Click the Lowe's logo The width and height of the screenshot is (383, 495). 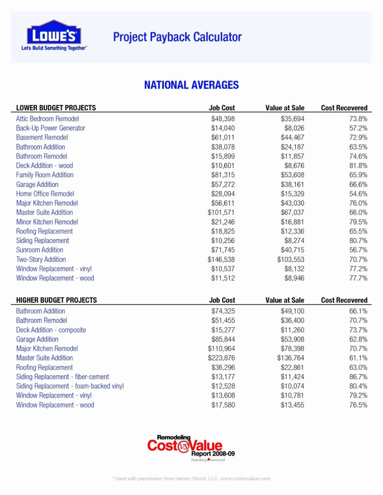tap(54, 36)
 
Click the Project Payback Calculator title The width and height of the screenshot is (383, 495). tap(177, 37)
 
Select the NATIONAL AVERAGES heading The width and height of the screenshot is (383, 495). tap(192, 85)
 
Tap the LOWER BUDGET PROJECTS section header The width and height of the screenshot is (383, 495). tap(56, 108)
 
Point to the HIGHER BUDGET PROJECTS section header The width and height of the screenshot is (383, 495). tap(57, 301)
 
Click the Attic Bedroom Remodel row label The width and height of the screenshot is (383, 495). tap(47, 118)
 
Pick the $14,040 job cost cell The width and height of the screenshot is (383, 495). tap(223, 128)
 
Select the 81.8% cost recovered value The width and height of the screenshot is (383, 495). tap(357, 165)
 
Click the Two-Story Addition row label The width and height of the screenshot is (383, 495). tap(41, 259)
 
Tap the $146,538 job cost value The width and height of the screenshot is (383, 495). tap(221, 259)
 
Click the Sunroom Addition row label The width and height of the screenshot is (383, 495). tap(40, 250)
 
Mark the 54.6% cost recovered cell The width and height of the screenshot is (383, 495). tap(357, 194)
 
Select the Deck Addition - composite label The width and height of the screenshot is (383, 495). tap(51, 330)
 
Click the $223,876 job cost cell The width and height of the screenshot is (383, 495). tap(221, 358)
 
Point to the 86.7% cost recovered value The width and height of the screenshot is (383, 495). tap(357, 377)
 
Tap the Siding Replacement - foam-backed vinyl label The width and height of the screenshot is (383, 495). tap(70, 386)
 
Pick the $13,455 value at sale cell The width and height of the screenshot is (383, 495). tap(292, 405)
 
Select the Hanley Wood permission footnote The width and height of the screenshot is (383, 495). tap(192, 479)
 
